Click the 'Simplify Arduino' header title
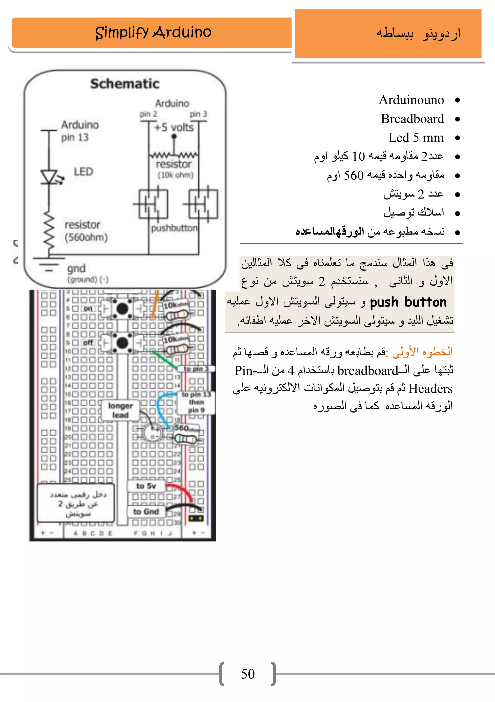(x=153, y=32)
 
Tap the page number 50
(x=247, y=674)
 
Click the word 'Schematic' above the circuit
(x=125, y=84)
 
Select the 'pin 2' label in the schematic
(x=148, y=114)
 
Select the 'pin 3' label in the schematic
(x=198, y=114)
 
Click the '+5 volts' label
(x=174, y=127)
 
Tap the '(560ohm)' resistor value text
(x=86, y=237)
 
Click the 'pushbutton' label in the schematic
(x=174, y=228)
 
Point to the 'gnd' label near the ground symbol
(x=76, y=269)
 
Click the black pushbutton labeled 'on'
(x=122, y=309)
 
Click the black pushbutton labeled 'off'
(x=122, y=342)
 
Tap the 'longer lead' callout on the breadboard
(x=120, y=410)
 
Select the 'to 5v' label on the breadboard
(x=146, y=486)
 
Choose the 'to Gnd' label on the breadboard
(x=146, y=511)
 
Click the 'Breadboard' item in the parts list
(x=412, y=119)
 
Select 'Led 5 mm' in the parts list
(x=416, y=138)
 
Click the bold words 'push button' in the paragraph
(x=408, y=302)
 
